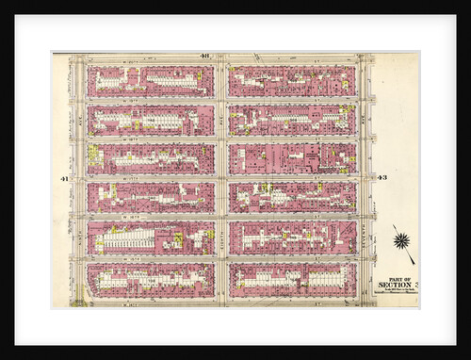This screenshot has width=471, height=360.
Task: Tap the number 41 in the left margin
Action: (x=63, y=178)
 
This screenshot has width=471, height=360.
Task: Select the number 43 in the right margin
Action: (x=382, y=178)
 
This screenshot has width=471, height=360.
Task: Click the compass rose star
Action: (x=402, y=240)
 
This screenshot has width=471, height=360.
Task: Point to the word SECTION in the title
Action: (x=394, y=284)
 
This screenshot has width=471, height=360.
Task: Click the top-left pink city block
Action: (x=150, y=82)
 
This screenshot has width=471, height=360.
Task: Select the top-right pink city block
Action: (x=292, y=82)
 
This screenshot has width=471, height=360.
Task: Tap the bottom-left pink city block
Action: (x=150, y=280)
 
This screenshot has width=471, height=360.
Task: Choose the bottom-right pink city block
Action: (x=292, y=280)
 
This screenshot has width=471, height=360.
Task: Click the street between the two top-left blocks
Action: (x=150, y=101)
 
